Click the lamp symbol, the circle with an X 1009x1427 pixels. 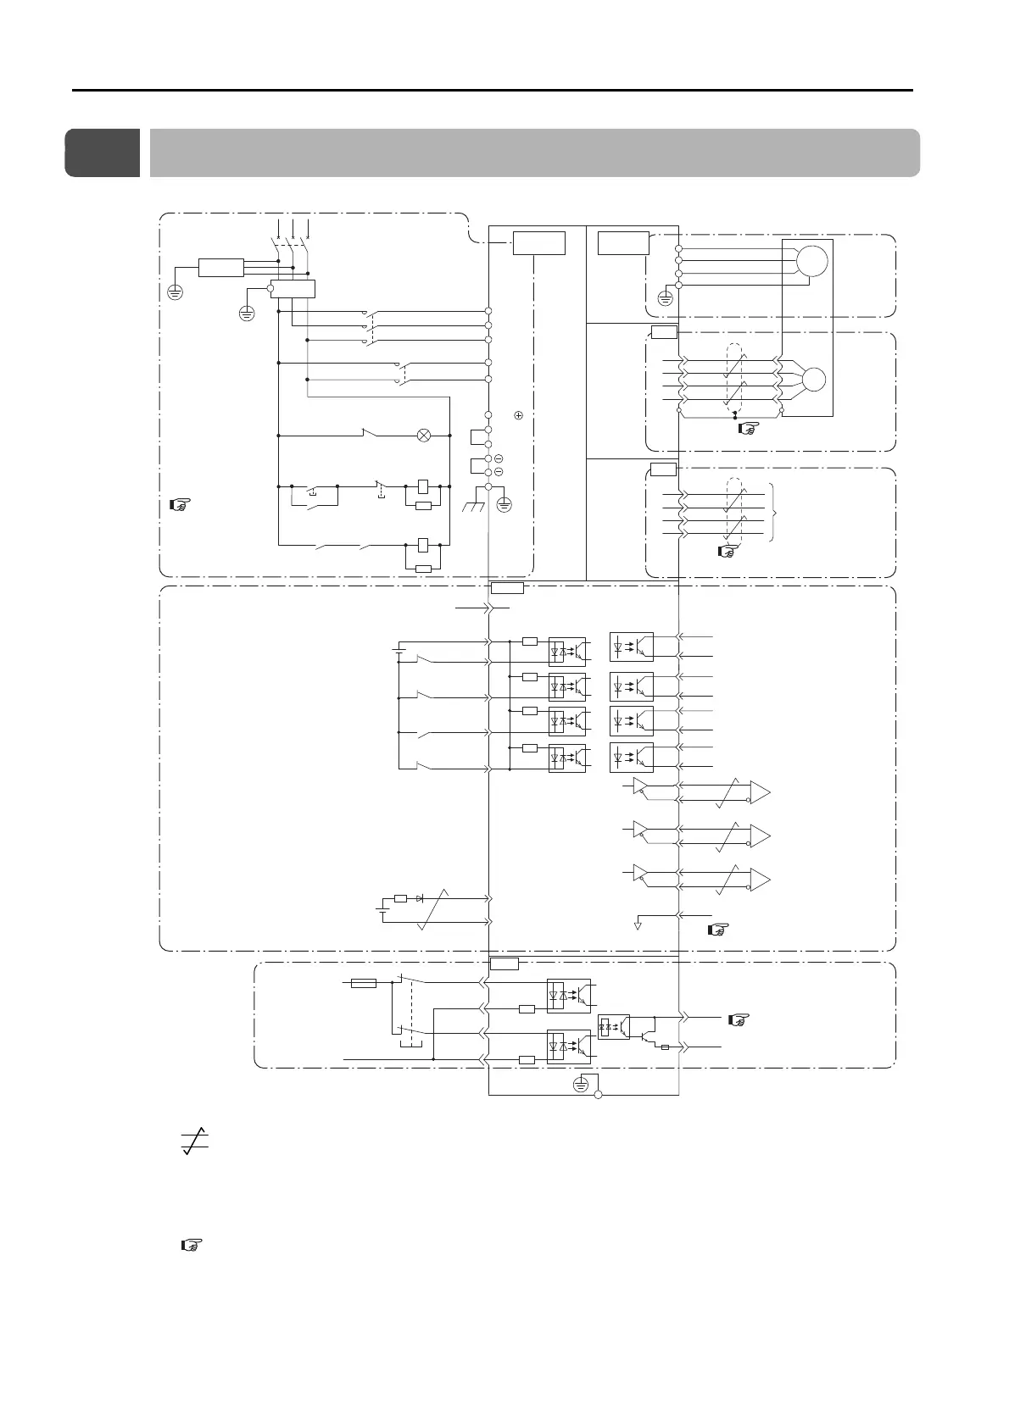tap(424, 436)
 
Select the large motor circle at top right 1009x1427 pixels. tap(812, 260)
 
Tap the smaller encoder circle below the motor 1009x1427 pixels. tap(813, 379)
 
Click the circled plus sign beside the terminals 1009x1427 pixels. tap(518, 415)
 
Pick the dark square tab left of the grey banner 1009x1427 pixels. tap(103, 153)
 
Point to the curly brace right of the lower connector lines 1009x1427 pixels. tap(775, 514)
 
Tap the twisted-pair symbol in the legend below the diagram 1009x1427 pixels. tap(196, 1141)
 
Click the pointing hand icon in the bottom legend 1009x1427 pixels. tap(192, 1246)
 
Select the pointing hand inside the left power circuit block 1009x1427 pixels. tap(178, 506)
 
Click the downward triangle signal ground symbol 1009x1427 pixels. tap(638, 924)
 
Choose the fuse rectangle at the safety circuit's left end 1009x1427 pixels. tap(364, 983)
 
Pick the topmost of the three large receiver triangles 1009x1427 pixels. tap(761, 793)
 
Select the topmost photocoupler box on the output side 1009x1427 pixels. tap(632, 647)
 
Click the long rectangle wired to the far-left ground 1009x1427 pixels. tap(221, 268)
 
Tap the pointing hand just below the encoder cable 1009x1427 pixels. tap(747, 430)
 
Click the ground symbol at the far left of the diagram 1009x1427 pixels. tap(176, 292)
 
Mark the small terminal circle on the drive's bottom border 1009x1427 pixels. tap(598, 1096)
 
